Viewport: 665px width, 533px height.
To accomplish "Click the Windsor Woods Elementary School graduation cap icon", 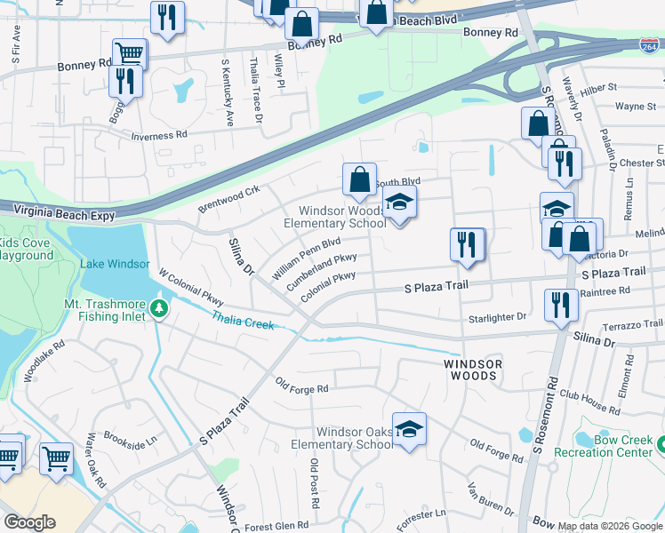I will [400, 204].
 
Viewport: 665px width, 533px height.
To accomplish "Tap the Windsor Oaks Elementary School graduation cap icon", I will [409, 430].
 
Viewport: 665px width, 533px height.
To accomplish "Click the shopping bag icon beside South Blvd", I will [359, 180].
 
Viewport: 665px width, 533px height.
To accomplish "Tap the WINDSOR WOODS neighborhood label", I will [473, 370].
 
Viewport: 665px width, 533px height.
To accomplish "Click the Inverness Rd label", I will [159, 136].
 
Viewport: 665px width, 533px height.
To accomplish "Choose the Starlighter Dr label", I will [497, 316].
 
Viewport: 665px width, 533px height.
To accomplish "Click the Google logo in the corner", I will [29, 522].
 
